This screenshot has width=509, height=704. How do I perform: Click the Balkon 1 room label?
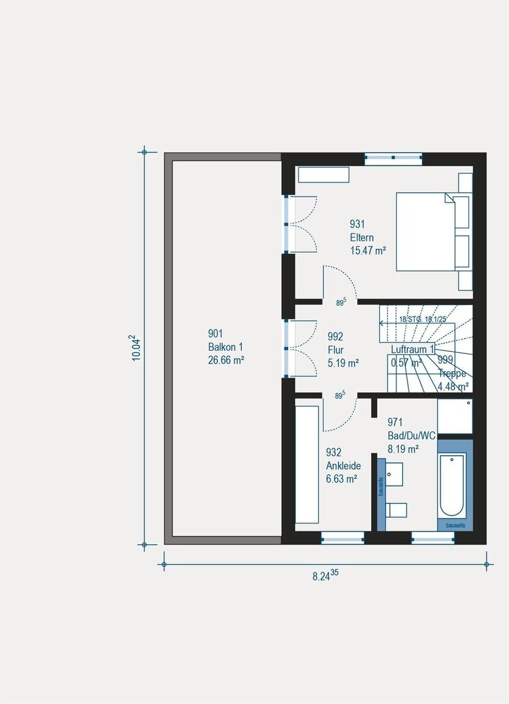226,347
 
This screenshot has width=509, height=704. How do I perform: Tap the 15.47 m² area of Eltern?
368,250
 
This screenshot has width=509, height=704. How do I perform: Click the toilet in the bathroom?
398,509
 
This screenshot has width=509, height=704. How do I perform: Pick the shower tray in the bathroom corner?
455,416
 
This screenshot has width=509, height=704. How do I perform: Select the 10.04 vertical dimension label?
137,348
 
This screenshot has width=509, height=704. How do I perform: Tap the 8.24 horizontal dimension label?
325,575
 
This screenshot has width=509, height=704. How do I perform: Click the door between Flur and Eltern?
340,284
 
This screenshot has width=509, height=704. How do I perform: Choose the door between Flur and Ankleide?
340,412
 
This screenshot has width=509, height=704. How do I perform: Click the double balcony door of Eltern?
300,224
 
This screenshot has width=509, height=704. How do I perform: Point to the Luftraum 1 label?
413,349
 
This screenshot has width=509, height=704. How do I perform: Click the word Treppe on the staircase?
452,374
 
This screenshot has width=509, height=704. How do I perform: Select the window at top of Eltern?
394,158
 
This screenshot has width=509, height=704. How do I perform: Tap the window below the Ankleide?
342,538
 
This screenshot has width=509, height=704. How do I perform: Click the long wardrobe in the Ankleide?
307,464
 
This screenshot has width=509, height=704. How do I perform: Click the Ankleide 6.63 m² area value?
341,479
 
